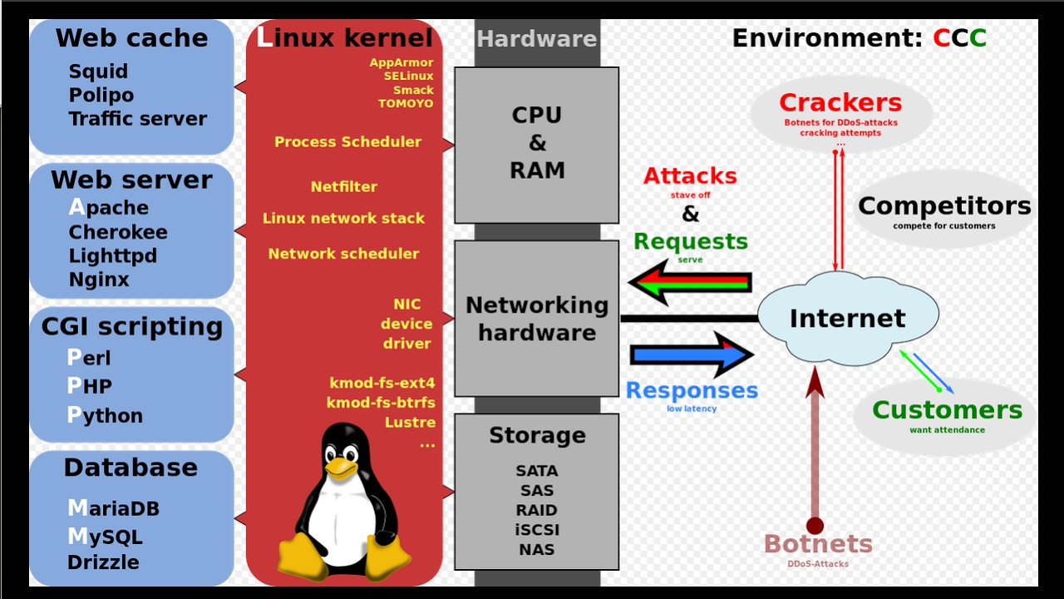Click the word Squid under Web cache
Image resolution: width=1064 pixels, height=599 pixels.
(98, 72)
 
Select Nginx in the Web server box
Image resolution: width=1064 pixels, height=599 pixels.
(99, 280)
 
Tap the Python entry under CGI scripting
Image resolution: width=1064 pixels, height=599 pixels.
(105, 415)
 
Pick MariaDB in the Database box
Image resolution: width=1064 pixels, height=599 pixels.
(114, 508)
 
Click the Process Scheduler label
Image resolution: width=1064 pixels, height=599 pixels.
(347, 141)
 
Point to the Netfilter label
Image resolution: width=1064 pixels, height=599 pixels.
(344, 186)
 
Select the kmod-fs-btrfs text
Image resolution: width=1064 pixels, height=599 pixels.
(381, 403)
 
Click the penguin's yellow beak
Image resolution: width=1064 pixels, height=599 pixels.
(341, 468)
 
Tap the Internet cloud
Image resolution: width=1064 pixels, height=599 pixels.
(848, 317)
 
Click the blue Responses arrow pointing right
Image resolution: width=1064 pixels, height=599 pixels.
(692, 354)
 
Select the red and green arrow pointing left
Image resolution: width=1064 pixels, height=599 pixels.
(690, 282)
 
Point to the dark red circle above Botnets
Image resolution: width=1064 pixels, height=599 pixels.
(815, 526)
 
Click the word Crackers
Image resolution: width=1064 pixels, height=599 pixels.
(840, 102)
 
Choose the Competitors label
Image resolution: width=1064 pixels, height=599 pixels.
(944, 205)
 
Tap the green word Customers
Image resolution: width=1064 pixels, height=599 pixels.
(947, 410)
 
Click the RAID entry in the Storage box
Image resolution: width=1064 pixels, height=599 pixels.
(537, 510)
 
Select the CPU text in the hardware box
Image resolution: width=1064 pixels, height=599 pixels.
(537, 115)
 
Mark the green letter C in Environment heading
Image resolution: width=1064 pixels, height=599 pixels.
(978, 38)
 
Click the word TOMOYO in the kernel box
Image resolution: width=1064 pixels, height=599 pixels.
(406, 104)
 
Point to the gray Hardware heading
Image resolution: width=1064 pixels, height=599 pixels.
(537, 38)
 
